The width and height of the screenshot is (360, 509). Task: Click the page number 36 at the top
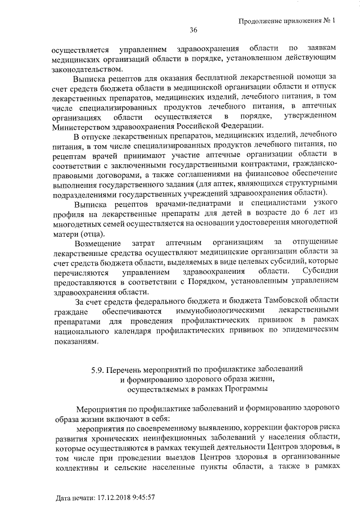click(x=193, y=30)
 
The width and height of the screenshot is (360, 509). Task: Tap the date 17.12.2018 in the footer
click(x=118, y=498)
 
